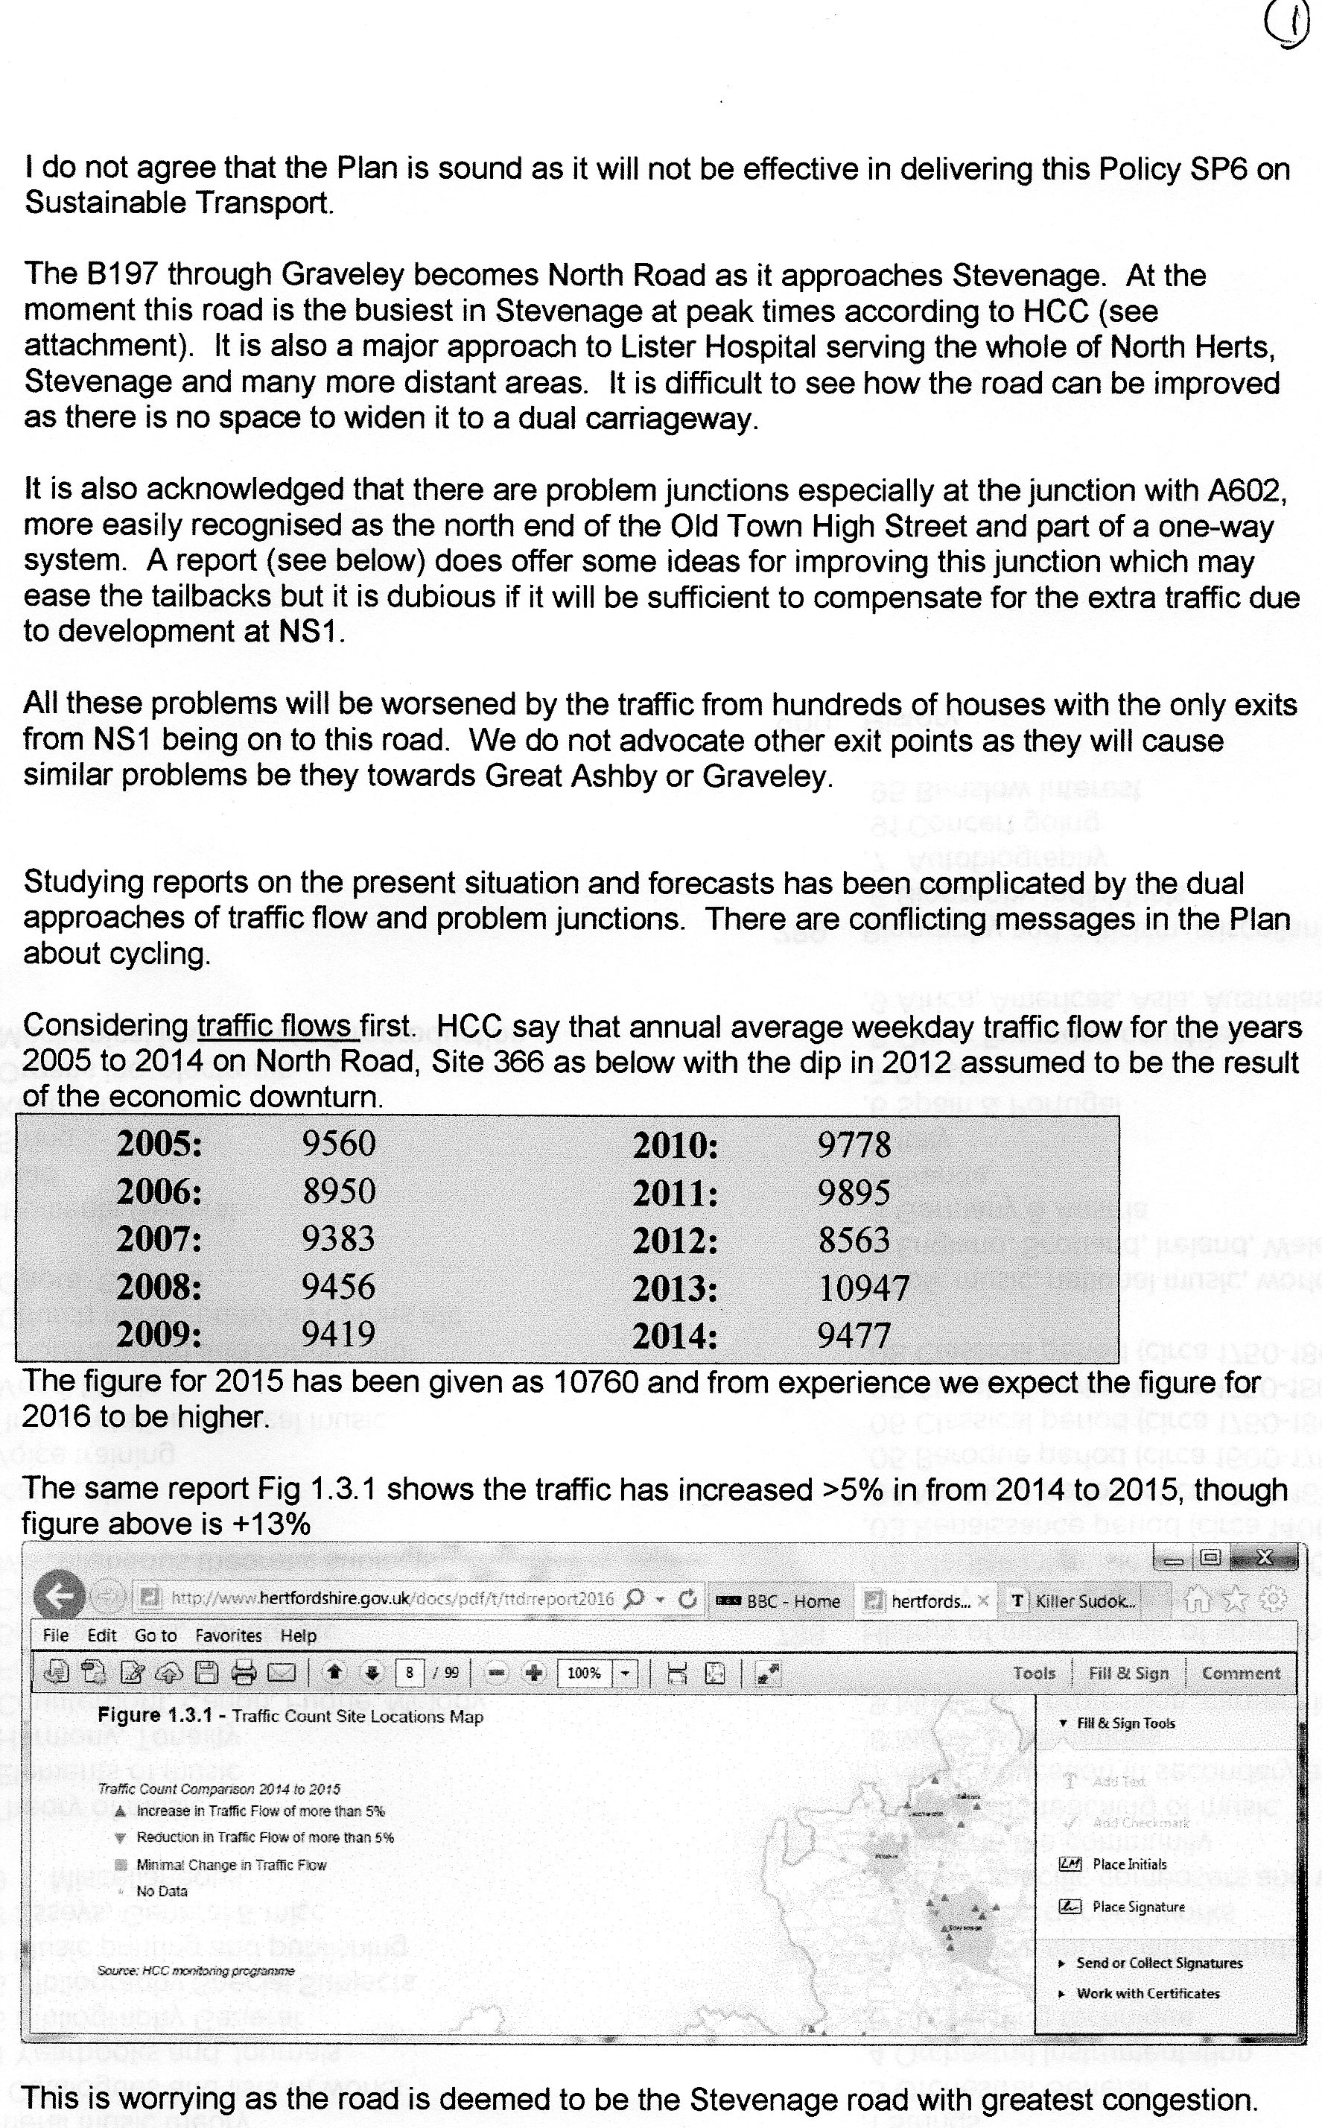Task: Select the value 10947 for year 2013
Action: (864, 1288)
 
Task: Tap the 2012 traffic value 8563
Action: (854, 1241)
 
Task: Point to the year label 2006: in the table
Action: (159, 1191)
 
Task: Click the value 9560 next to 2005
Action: (338, 1143)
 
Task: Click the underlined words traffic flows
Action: (273, 1025)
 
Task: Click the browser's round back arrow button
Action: (59, 1597)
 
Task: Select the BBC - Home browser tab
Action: (778, 1600)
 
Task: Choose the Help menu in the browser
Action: (298, 1635)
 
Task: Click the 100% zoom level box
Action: (585, 1673)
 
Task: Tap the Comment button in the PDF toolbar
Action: (1241, 1673)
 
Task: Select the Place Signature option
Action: (1138, 1906)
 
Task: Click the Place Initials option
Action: (1129, 1863)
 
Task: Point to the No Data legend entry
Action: (162, 1890)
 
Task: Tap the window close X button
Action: (1263, 1557)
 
